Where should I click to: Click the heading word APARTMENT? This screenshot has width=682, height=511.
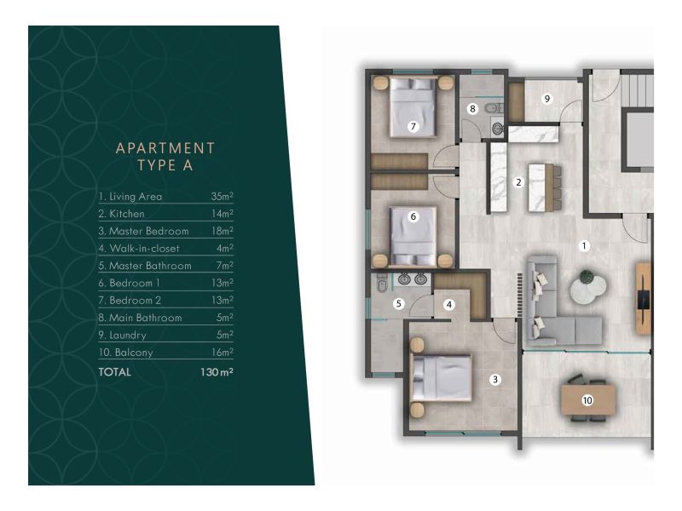click(x=165, y=148)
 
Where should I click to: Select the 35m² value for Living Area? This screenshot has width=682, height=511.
click(x=222, y=196)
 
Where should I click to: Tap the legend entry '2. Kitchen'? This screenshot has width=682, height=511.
click(x=121, y=214)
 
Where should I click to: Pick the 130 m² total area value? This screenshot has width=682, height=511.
click(x=217, y=372)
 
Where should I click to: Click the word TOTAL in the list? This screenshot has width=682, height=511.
click(x=115, y=372)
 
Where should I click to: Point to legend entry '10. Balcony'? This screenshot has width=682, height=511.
click(x=125, y=353)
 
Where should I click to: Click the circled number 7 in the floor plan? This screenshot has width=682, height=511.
click(x=412, y=126)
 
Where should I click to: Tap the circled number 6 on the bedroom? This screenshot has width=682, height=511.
click(x=413, y=216)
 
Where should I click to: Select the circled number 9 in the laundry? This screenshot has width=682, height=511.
click(x=547, y=99)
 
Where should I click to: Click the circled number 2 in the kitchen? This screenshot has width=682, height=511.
click(x=517, y=181)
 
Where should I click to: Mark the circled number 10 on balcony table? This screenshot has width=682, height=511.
click(x=587, y=399)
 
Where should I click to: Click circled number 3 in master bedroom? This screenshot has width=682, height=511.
click(x=494, y=380)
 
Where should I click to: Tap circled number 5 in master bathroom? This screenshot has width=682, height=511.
click(x=397, y=303)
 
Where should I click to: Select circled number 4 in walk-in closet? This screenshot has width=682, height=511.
click(x=448, y=304)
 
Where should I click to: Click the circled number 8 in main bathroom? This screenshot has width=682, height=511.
click(x=472, y=108)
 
